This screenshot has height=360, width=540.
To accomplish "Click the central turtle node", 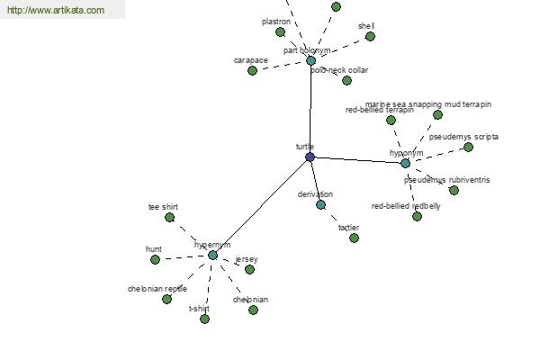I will click(x=310, y=157).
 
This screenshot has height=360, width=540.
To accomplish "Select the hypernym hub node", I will click(x=213, y=255).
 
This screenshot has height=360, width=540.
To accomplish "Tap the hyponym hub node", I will click(x=405, y=163).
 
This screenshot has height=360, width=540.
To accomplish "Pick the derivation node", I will click(x=320, y=204).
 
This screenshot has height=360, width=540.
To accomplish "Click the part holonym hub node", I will click(x=311, y=61).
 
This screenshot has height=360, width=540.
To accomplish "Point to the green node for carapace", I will click(x=253, y=70).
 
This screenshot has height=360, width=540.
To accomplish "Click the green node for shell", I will click(x=370, y=36).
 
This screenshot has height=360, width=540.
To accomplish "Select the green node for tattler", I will click(x=354, y=238).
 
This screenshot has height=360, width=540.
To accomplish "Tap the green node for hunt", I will click(x=156, y=259).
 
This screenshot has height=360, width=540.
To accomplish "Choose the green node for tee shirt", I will click(x=169, y=217).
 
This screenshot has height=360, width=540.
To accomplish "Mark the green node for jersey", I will click(x=249, y=269).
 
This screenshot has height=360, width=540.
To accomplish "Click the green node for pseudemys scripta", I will click(x=468, y=147).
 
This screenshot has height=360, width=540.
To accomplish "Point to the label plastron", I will click(x=275, y=21).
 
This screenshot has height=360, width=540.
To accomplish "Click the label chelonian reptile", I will click(x=157, y=289).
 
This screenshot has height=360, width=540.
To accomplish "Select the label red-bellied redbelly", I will click(x=406, y=206).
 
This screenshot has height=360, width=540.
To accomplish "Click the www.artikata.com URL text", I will click(x=55, y=11).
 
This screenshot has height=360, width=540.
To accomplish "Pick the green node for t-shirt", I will click(x=204, y=319).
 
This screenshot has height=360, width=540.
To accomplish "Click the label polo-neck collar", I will click(x=339, y=70).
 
